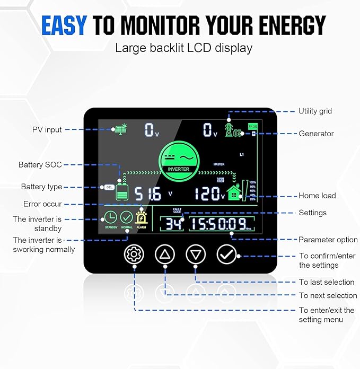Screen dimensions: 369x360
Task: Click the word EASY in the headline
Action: click(64, 25)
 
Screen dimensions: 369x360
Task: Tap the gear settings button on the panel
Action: click(134, 254)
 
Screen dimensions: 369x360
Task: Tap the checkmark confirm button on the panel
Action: click(226, 254)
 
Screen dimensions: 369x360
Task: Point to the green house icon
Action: click(233, 193)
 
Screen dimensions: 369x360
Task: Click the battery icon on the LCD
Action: click(122, 192)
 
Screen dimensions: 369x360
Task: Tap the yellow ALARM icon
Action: click(142, 217)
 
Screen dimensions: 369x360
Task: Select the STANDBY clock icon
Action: click(111, 217)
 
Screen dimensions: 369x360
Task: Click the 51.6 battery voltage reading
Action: click(148, 194)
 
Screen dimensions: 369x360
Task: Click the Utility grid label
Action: click(315, 111)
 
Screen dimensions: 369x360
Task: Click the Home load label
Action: click(317, 196)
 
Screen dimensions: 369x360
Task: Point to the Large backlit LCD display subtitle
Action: click(183, 48)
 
